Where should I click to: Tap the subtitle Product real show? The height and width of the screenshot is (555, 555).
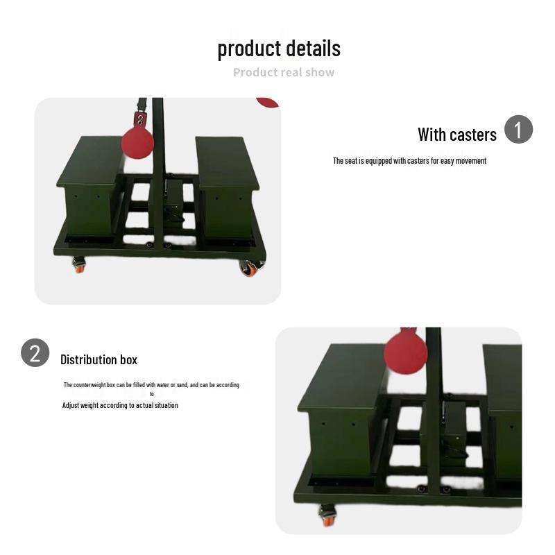tap(284, 72)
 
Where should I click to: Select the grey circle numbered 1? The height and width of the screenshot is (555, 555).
tap(518, 130)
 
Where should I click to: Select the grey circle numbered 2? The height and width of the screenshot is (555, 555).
tap(35, 352)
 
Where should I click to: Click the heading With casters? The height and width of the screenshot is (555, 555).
tap(456, 135)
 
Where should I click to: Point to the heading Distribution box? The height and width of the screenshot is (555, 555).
tap(99, 359)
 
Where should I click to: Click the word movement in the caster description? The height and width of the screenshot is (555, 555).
tap(472, 161)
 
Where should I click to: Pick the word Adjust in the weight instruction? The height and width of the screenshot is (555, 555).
tap(71, 405)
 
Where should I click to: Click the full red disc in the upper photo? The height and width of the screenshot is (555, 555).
tap(137, 142)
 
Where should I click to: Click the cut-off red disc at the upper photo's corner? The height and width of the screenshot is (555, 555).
tap(268, 102)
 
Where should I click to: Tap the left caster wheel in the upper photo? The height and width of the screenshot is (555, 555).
tap(79, 264)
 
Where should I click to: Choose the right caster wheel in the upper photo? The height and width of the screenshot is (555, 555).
tap(248, 267)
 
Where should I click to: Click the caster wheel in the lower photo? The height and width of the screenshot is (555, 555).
tap(327, 515)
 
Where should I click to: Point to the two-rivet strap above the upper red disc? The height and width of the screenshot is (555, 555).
tap(140, 119)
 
